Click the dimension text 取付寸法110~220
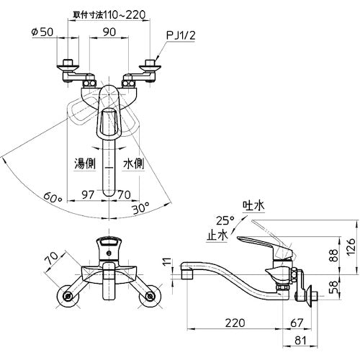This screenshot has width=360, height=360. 109,15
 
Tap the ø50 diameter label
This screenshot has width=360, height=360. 42,32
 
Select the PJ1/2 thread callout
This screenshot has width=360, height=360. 181,36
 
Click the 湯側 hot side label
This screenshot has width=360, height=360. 85,164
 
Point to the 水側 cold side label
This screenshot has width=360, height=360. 133,164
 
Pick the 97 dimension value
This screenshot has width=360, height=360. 88,194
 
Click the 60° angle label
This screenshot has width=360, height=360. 53,198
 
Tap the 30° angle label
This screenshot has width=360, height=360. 141,207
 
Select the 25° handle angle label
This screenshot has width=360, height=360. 225,220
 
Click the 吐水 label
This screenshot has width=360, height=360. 253,206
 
